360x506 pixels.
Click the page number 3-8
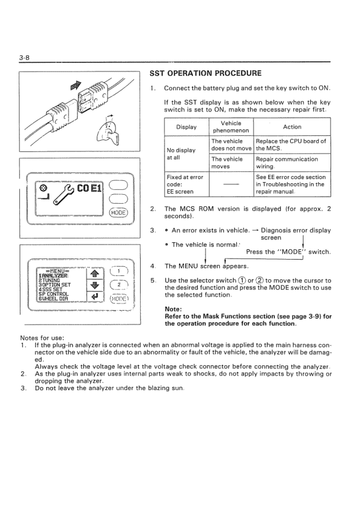pyautogui.click(x=24, y=58)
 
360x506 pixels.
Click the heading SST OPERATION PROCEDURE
pyautogui.click(x=206, y=73)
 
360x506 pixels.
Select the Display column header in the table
pyautogui.click(x=186, y=127)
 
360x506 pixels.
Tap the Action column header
pyautogui.click(x=292, y=127)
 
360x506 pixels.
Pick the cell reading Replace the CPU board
pyautogui.click(x=291, y=145)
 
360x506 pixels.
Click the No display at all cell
pyautogui.click(x=181, y=154)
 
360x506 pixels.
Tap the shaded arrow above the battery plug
pyautogui.click(x=75, y=85)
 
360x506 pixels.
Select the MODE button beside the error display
pyautogui.click(x=119, y=213)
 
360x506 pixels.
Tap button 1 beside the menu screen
pyautogui.click(x=119, y=272)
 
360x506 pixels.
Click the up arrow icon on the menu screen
pyautogui.click(x=94, y=274)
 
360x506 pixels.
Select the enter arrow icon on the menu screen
pyautogui.click(x=94, y=296)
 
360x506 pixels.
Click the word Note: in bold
pyautogui.click(x=173, y=309)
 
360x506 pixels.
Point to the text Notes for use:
pyautogui.click(x=42, y=338)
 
